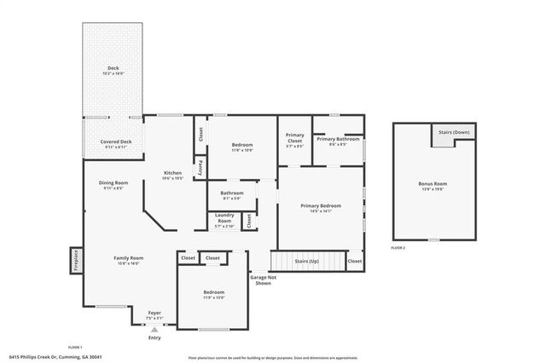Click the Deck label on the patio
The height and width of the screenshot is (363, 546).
[113, 67]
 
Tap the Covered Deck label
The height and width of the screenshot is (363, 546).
[115, 141]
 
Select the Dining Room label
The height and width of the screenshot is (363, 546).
[113, 182]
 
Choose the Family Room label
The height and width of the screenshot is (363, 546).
[129, 257]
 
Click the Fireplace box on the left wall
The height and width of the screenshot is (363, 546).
[76, 259]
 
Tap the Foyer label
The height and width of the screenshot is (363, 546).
[154, 313]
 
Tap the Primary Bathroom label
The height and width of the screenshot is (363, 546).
[338, 139]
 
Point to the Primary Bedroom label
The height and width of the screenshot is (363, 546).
[320, 205]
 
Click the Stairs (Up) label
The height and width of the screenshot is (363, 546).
[307, 259]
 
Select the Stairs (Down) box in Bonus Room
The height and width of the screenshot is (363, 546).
[453, 134]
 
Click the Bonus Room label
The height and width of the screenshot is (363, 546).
[433, 183]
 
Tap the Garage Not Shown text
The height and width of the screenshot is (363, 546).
[262, 279]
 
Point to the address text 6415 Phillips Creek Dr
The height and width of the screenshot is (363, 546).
[42, 356]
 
